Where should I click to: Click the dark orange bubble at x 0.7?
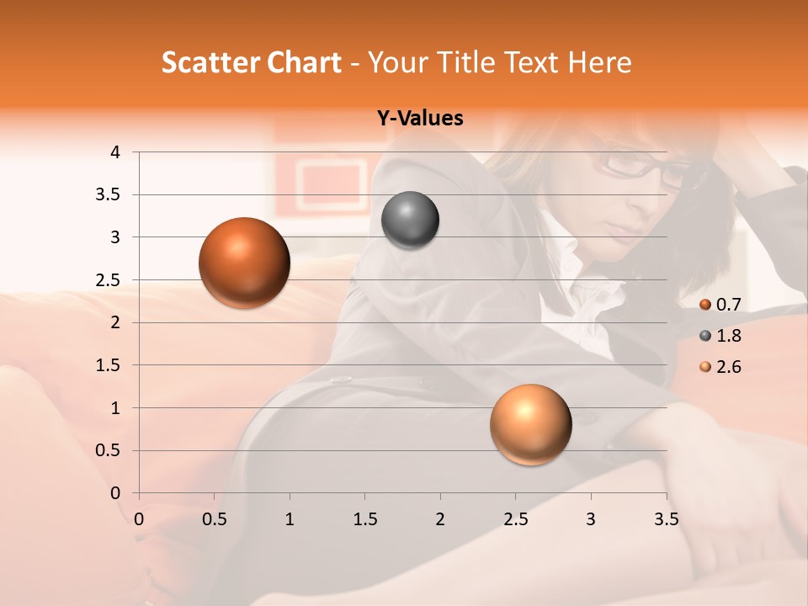pos(244,263)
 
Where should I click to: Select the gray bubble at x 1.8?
pos(410,221)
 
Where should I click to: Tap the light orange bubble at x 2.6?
pos(530,424)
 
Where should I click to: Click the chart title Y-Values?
pos(420,119)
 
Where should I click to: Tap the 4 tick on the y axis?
pos(115,152)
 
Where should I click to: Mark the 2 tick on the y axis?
pos(115,322)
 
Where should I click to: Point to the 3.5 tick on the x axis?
pos(666,519)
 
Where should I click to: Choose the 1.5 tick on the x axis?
pos(364,519)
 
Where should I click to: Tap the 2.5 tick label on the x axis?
pos(515,519)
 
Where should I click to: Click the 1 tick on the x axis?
pos(290,519)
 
